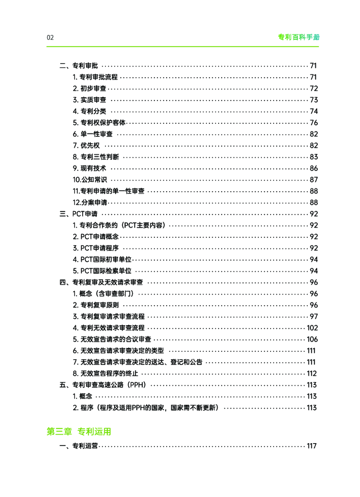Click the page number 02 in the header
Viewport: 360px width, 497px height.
pyautogui.click(x=50, y=37)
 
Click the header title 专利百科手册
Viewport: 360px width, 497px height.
pyautogui.click(x=298, y=37)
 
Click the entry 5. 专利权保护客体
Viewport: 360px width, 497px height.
pyautogui.click(x=99, y=123)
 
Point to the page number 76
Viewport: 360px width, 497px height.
pyautogui.click(x=313, y=123)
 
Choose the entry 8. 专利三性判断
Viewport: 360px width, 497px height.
pyautogui.click(x=96, y=157)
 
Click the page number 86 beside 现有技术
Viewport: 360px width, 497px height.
pyautogui.click(x=313, y=168)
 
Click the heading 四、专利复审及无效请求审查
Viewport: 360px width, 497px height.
pyautogui.click(x=101, y=282)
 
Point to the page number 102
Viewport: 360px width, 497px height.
pyautogui.click(x=312, y=328)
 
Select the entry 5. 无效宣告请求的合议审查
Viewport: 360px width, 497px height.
pyautogui.click(x=112, y=339)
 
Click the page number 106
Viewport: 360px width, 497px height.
pyautogui.click(x=312, y=339)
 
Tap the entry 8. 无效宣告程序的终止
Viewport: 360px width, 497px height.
pyautogui.click(x=105, y=374)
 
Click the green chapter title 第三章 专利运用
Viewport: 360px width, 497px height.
pyautogui.click(x=79, y=431)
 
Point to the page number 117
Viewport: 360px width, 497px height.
pyautogui.click(x=311, y=446)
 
